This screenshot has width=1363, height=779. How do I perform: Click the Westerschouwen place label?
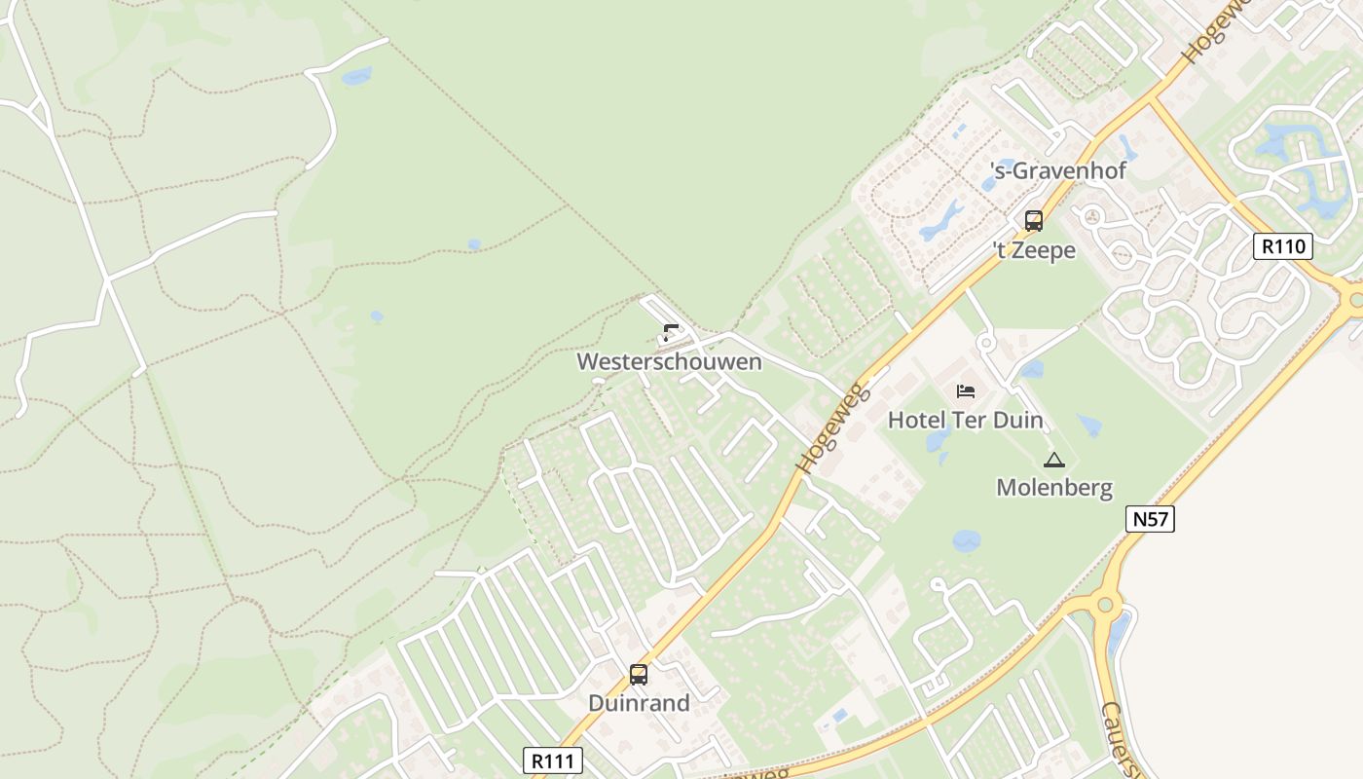669,362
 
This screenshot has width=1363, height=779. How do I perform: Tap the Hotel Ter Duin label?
965,421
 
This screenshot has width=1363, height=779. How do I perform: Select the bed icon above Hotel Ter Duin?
966,391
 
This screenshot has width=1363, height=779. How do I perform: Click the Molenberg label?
1053,488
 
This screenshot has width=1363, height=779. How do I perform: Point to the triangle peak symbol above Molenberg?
1053,461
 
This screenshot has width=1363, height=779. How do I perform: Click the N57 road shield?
1150,519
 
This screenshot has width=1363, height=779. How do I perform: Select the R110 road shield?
1282,246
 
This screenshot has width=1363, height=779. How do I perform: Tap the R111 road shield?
553,760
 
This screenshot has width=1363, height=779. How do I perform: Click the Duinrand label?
639,703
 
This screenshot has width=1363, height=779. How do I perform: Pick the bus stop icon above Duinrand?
639,674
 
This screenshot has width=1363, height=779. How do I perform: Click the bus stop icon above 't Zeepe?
1034,221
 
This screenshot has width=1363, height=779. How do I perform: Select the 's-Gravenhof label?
1058,171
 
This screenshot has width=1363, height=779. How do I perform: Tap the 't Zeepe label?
1034,250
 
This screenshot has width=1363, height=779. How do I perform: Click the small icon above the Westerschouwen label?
671,333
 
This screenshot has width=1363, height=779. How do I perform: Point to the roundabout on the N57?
1104,605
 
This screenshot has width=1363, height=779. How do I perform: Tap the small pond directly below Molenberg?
966,541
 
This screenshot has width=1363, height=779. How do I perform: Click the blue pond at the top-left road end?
356,75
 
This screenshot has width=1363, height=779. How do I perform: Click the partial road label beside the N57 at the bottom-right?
1118,740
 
